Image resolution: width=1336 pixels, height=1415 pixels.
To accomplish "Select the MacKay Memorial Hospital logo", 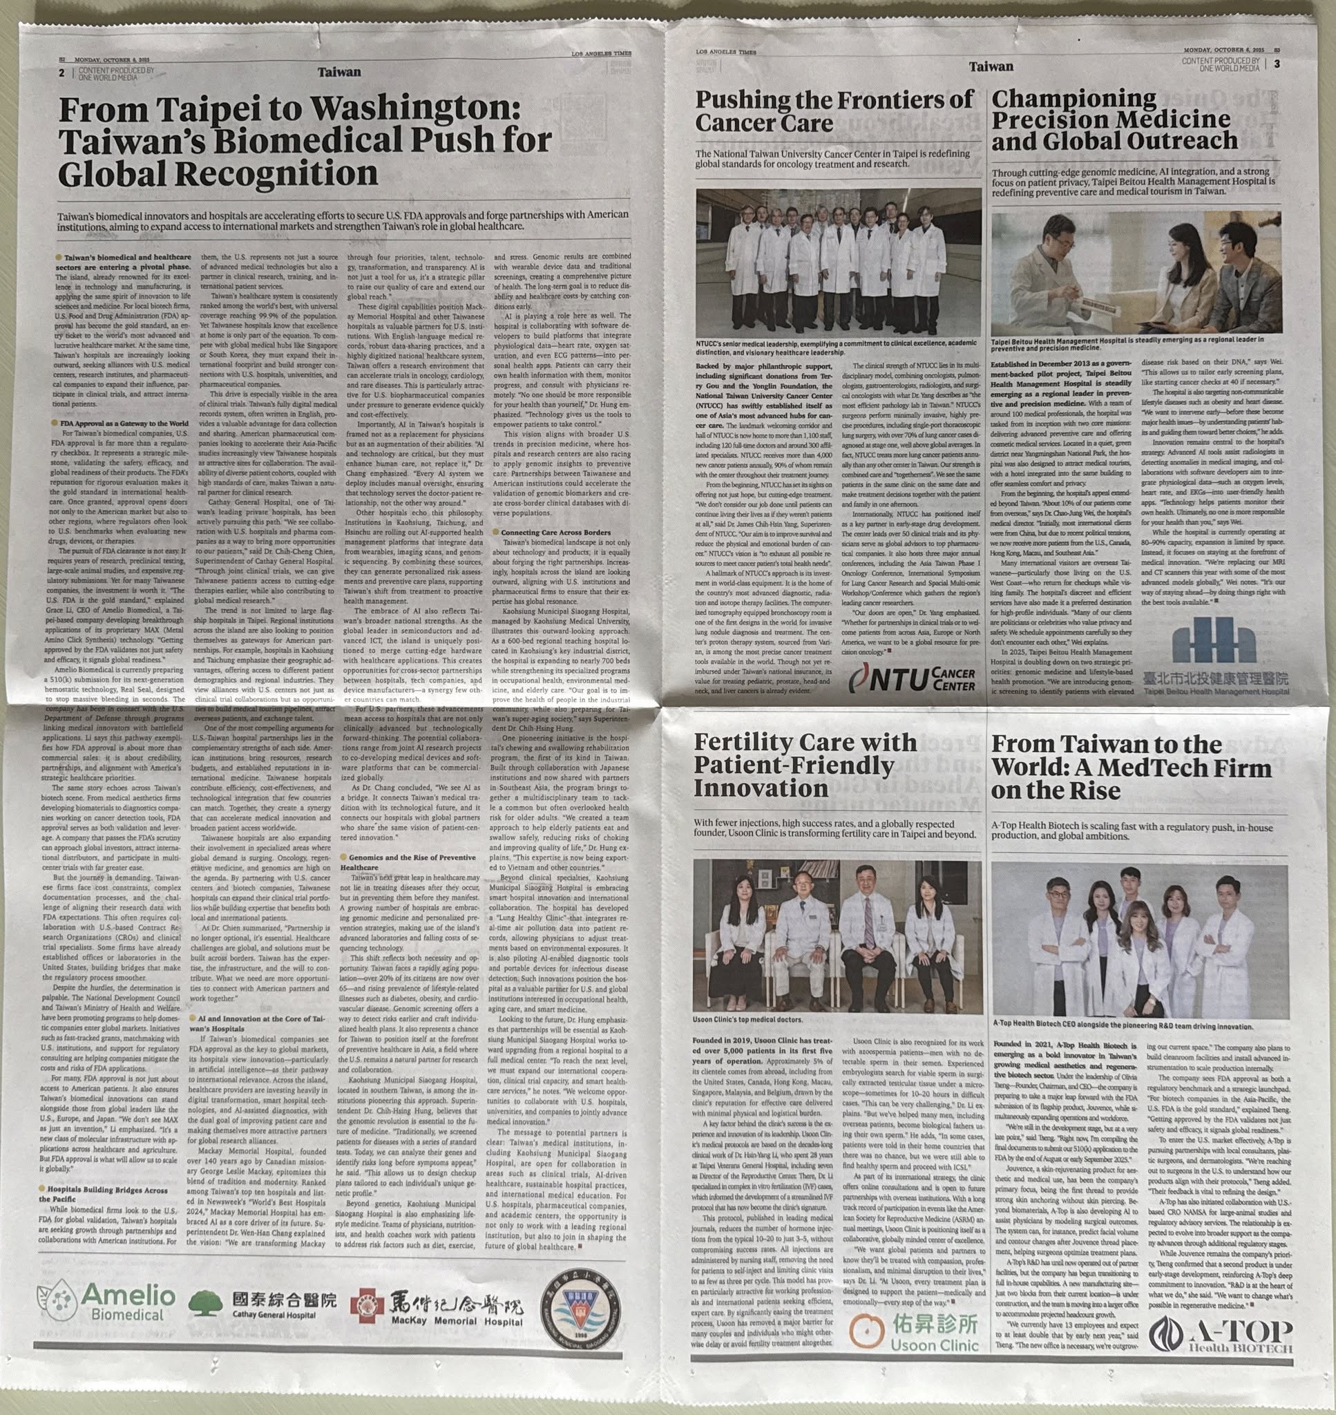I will tap(437, 1303).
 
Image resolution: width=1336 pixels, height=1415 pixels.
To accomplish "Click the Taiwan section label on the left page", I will tap(340, 72).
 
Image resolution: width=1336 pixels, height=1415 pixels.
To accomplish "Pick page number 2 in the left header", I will tap(62, 72).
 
